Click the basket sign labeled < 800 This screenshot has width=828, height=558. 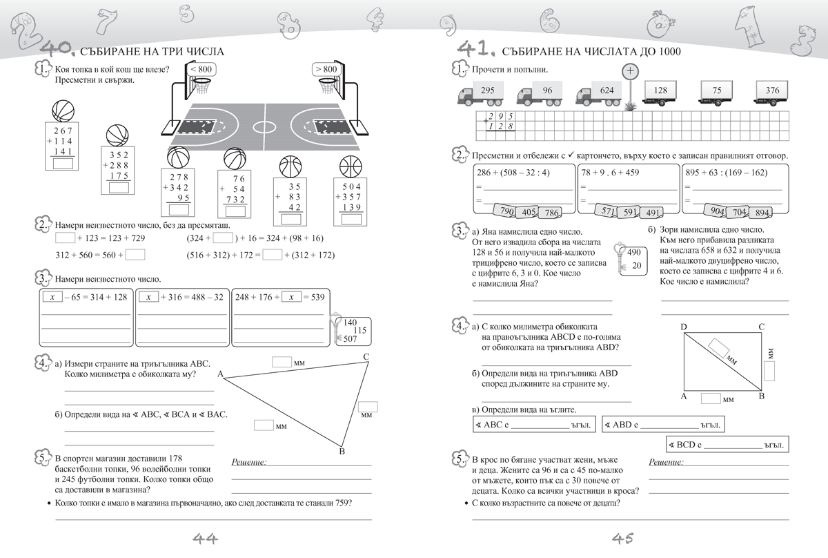(199, 69)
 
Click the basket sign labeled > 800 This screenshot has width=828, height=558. (326, 69)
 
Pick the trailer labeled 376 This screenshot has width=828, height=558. (772, 90)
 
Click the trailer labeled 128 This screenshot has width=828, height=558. (660, 90)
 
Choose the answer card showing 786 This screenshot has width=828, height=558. (551, 213)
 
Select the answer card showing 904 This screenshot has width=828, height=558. (717, 211)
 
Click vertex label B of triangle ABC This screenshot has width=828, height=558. (342, 452)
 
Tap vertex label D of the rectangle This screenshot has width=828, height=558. (684, 327)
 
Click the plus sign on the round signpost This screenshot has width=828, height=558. (629, 72)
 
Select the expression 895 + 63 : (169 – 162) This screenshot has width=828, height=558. (725, 173)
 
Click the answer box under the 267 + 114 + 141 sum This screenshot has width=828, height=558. (63, 164)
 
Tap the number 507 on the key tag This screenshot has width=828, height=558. (350, 339)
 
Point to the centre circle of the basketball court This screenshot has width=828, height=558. (264, 127)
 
